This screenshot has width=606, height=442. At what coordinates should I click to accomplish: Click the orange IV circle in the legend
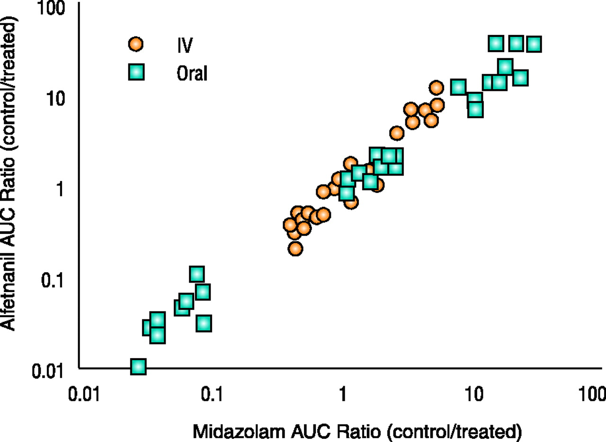pyautogui.click(x=136, y=44)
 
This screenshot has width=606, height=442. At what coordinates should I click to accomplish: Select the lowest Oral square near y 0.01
pyautogui.click(x=138, y=366)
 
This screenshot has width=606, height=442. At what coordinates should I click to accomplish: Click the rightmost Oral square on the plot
pyautogui.click(x=534, y=44)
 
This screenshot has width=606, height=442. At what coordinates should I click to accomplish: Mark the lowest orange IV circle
pyautogui.click(x=295, y=248)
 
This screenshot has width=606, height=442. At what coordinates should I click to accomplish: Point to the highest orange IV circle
pyautogui.click(x=436, y=88)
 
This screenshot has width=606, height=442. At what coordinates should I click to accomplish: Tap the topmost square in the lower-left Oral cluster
pyautogui.click(x=197, y=274)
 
